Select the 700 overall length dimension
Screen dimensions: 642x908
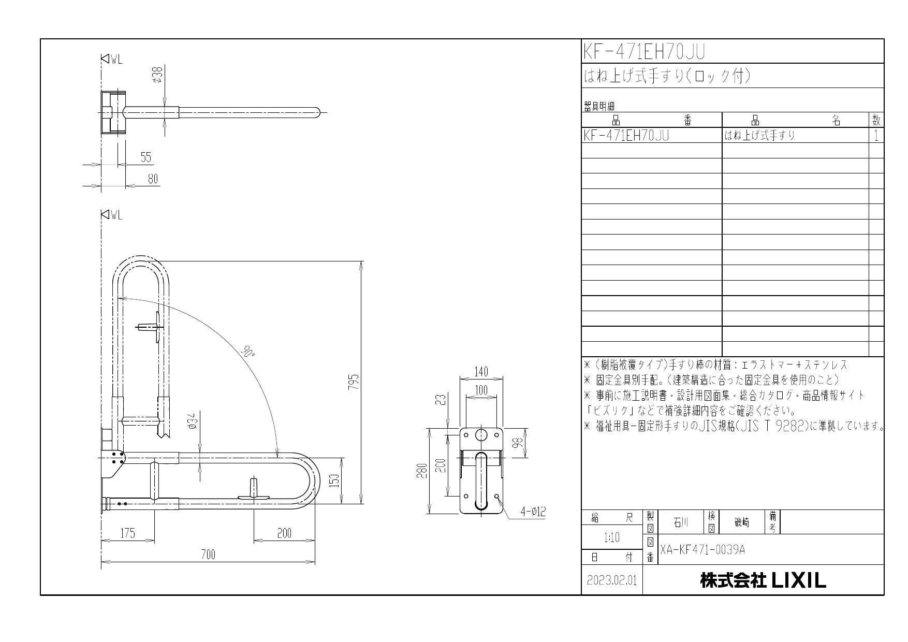[x=208, y=555]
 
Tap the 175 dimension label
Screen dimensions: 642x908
[x=127, y=533]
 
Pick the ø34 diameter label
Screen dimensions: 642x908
[x=192, y=422]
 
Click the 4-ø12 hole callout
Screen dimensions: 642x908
[x=533, y=512]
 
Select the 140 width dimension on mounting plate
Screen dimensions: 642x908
[x=481, y=372]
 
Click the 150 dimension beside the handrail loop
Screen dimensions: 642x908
[x=335, y=481]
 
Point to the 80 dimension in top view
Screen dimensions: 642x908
[x=152, y=179]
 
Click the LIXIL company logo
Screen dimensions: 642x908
[x=764, y=580]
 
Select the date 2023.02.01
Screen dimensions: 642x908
[x=612, y=580]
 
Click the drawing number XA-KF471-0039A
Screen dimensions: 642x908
[x=702, y=549]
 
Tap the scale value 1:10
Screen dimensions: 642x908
[x=611, y=538]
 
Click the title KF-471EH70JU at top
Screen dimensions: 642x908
[x=644, y=52]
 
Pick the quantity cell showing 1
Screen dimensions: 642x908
[x=876, y=136]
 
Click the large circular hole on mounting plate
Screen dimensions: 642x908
[x=481, y=434]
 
